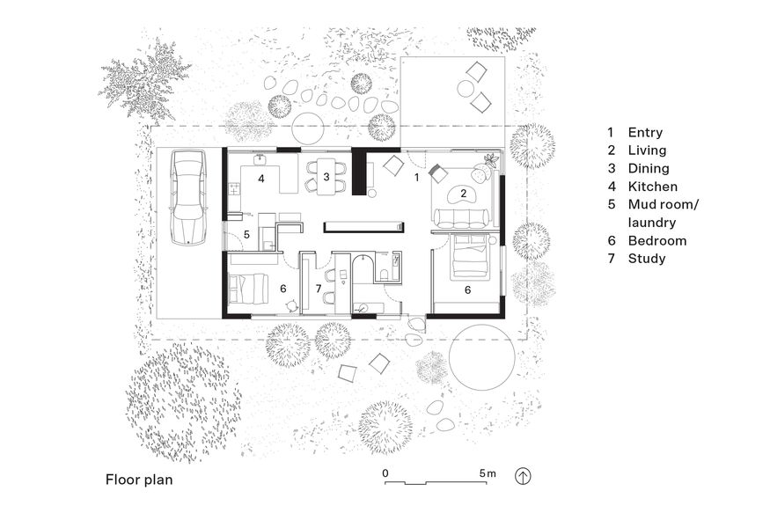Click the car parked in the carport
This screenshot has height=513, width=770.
tap(187, 197)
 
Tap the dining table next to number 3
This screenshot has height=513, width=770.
tap(326, 174)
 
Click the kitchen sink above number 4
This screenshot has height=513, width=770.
tap(261, 160)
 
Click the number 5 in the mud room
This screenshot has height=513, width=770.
tap(247, 235)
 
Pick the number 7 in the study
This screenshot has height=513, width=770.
tap(319, 289)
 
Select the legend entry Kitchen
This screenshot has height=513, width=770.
tap(652, 187)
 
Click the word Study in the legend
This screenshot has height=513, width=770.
tap(646, 259)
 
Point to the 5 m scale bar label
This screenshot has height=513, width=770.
tap(488, 473)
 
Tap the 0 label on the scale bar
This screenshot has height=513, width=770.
tap(386, 473)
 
